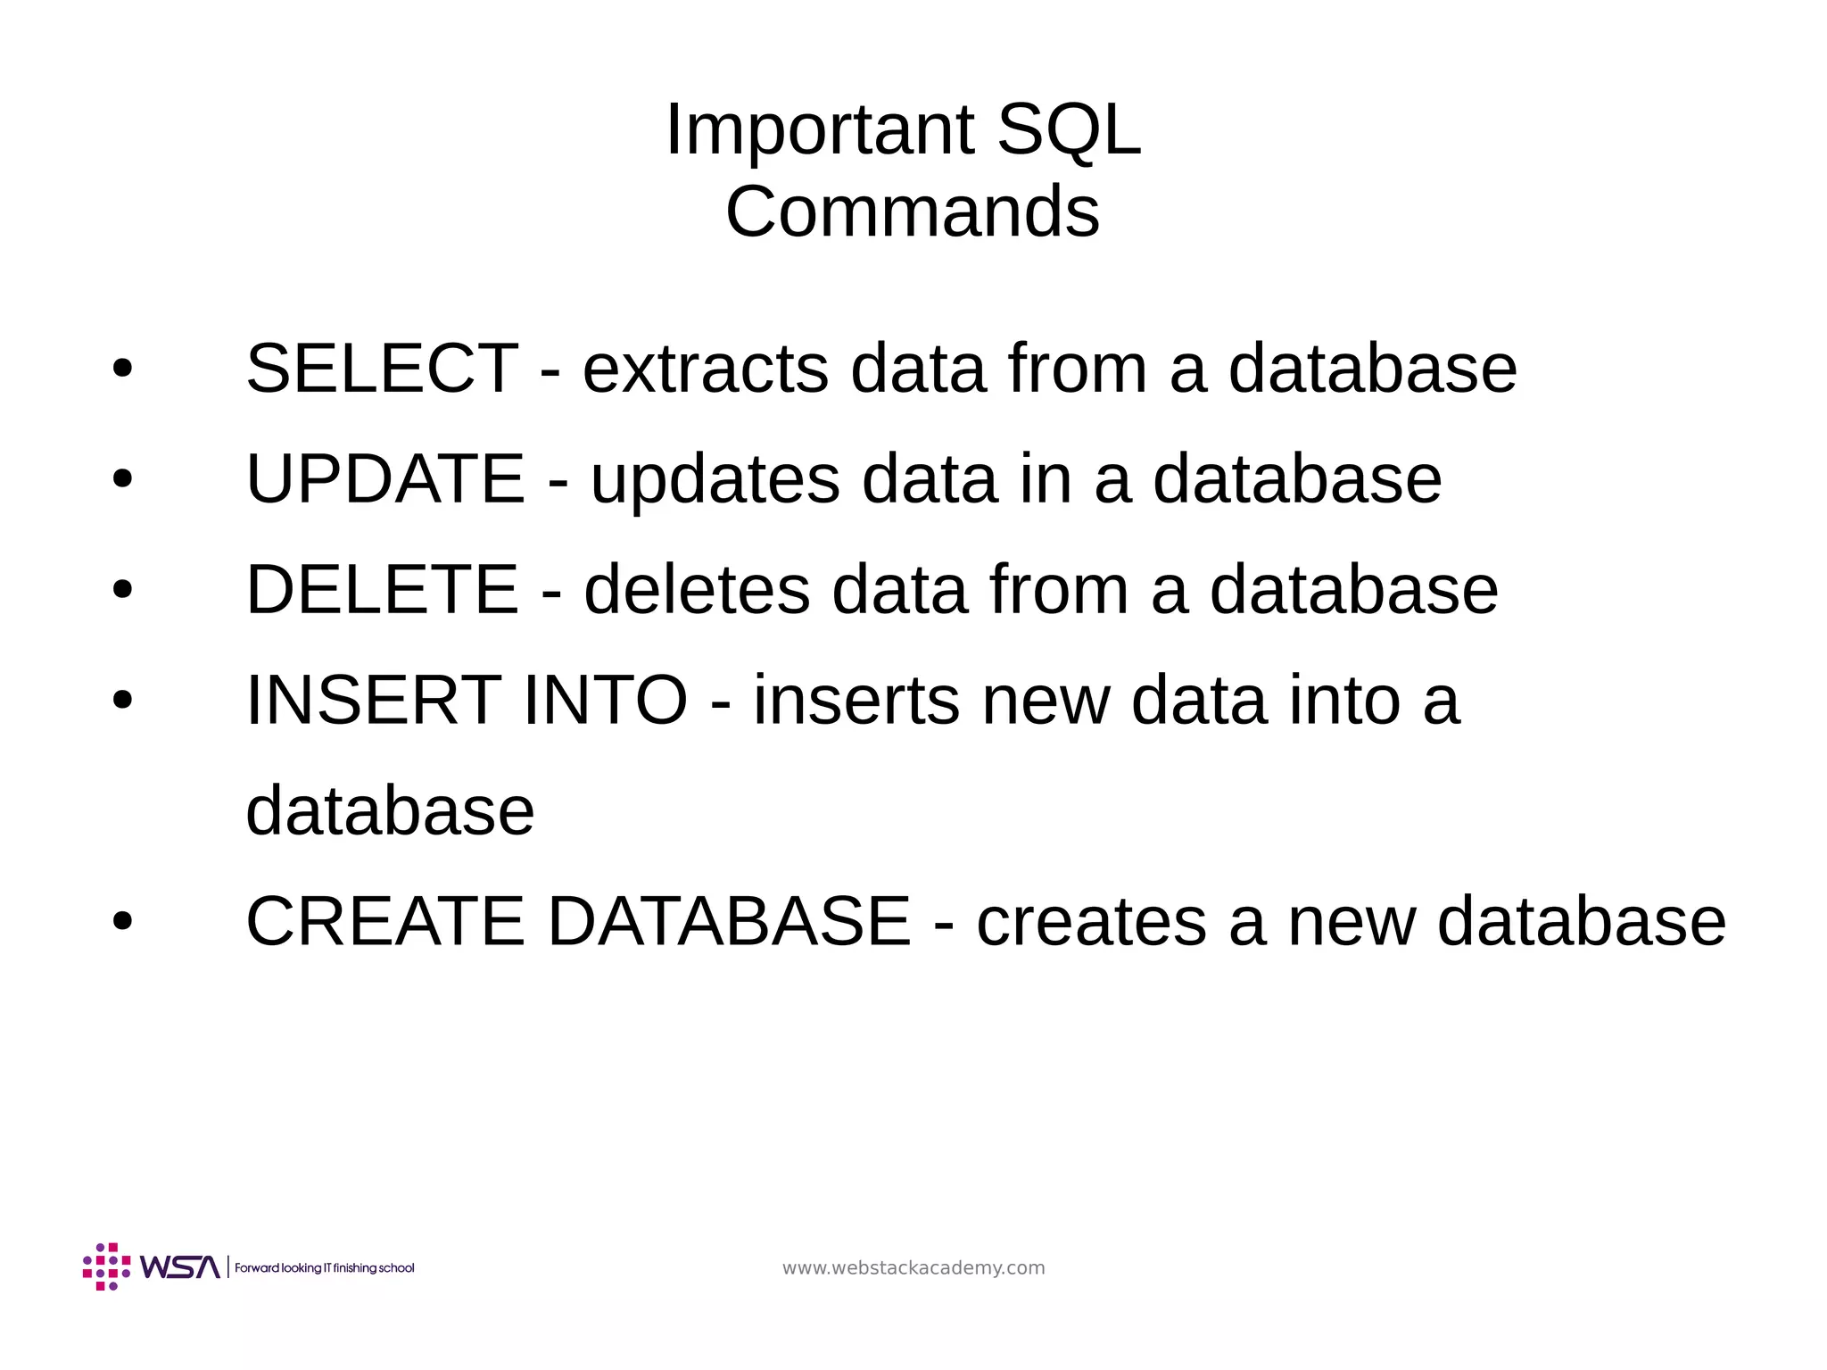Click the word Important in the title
pos(819,130)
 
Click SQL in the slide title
pos(1068,130)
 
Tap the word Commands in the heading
pos(912,212)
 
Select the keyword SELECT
pos(382,368)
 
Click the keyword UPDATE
pos(384,478)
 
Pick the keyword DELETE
pos(382,589)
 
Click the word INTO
pos(605,700)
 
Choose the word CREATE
pos(385,921)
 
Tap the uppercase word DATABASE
pos(729,921)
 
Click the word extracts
pos(705,368)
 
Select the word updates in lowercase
pos(715,480)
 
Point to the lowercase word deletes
pos(697,589)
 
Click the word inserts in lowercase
pos(856,700)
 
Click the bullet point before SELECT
pos(122,369)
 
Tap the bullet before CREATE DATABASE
pos(122,922)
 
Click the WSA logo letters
pos(179,1267)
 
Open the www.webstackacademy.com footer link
pos(913,1268)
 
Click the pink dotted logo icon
pos(106,1266)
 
